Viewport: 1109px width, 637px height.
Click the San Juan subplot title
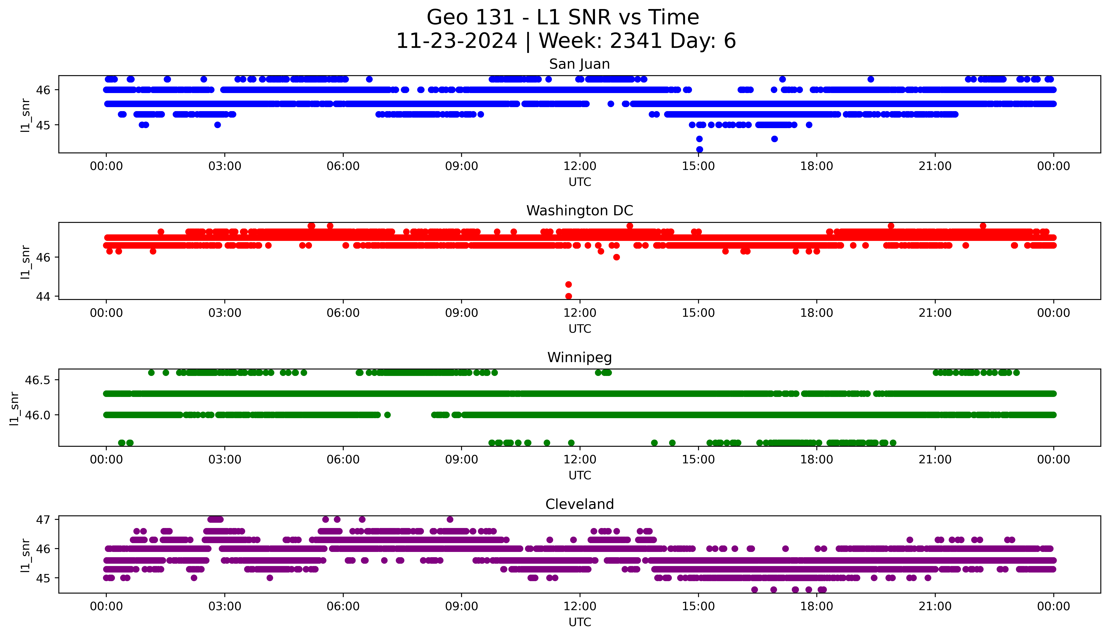[579, 64]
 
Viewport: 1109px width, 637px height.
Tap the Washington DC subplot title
[579, 211]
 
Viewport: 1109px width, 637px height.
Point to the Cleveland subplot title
[579, 504]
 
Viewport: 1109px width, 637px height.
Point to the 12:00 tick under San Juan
[580, 166]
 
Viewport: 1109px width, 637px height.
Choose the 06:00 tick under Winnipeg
[343, 460]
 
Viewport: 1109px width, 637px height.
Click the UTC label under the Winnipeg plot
[580, 475]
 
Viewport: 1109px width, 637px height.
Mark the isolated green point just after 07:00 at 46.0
[387, 415]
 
